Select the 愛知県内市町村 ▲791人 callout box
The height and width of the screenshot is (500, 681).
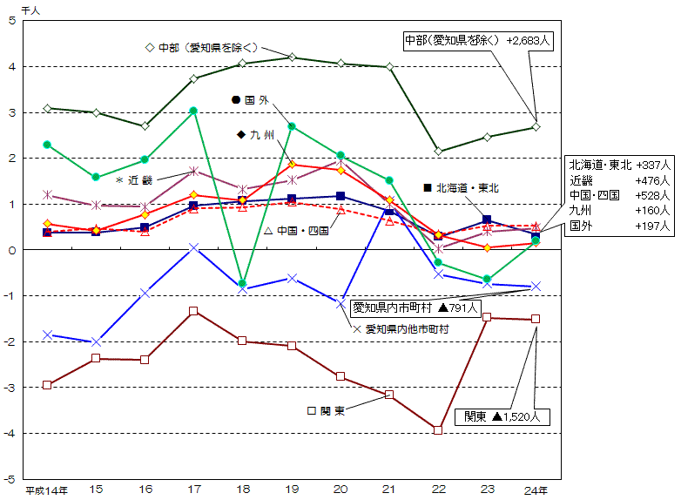pos(415,307)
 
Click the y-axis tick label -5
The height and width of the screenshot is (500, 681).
pos(10,479)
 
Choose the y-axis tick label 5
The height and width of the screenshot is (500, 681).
pos(10,20)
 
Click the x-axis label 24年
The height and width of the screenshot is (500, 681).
pos(536,491)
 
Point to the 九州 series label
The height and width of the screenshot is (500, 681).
pos(255,135)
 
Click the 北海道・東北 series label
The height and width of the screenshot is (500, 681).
pos(461,187)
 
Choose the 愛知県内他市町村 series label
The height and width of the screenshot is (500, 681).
pos(400,329)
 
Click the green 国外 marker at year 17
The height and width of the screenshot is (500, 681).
pos(193,111)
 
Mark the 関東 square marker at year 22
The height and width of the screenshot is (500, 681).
pos(438,430)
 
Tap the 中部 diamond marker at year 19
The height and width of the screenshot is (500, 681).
pos(292,57)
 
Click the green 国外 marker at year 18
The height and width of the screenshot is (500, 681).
pos(243,283)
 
